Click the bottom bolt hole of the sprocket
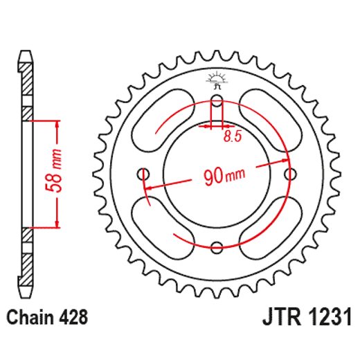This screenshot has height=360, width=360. pyautogui.click(x=217, y=246)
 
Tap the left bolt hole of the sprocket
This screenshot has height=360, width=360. pyautogui.click(x=145, y=173)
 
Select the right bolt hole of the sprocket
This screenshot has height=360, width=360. pyautogui.click(x=290, y=173)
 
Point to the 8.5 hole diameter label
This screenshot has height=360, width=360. pyautogui.click(x=232, y=137)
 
